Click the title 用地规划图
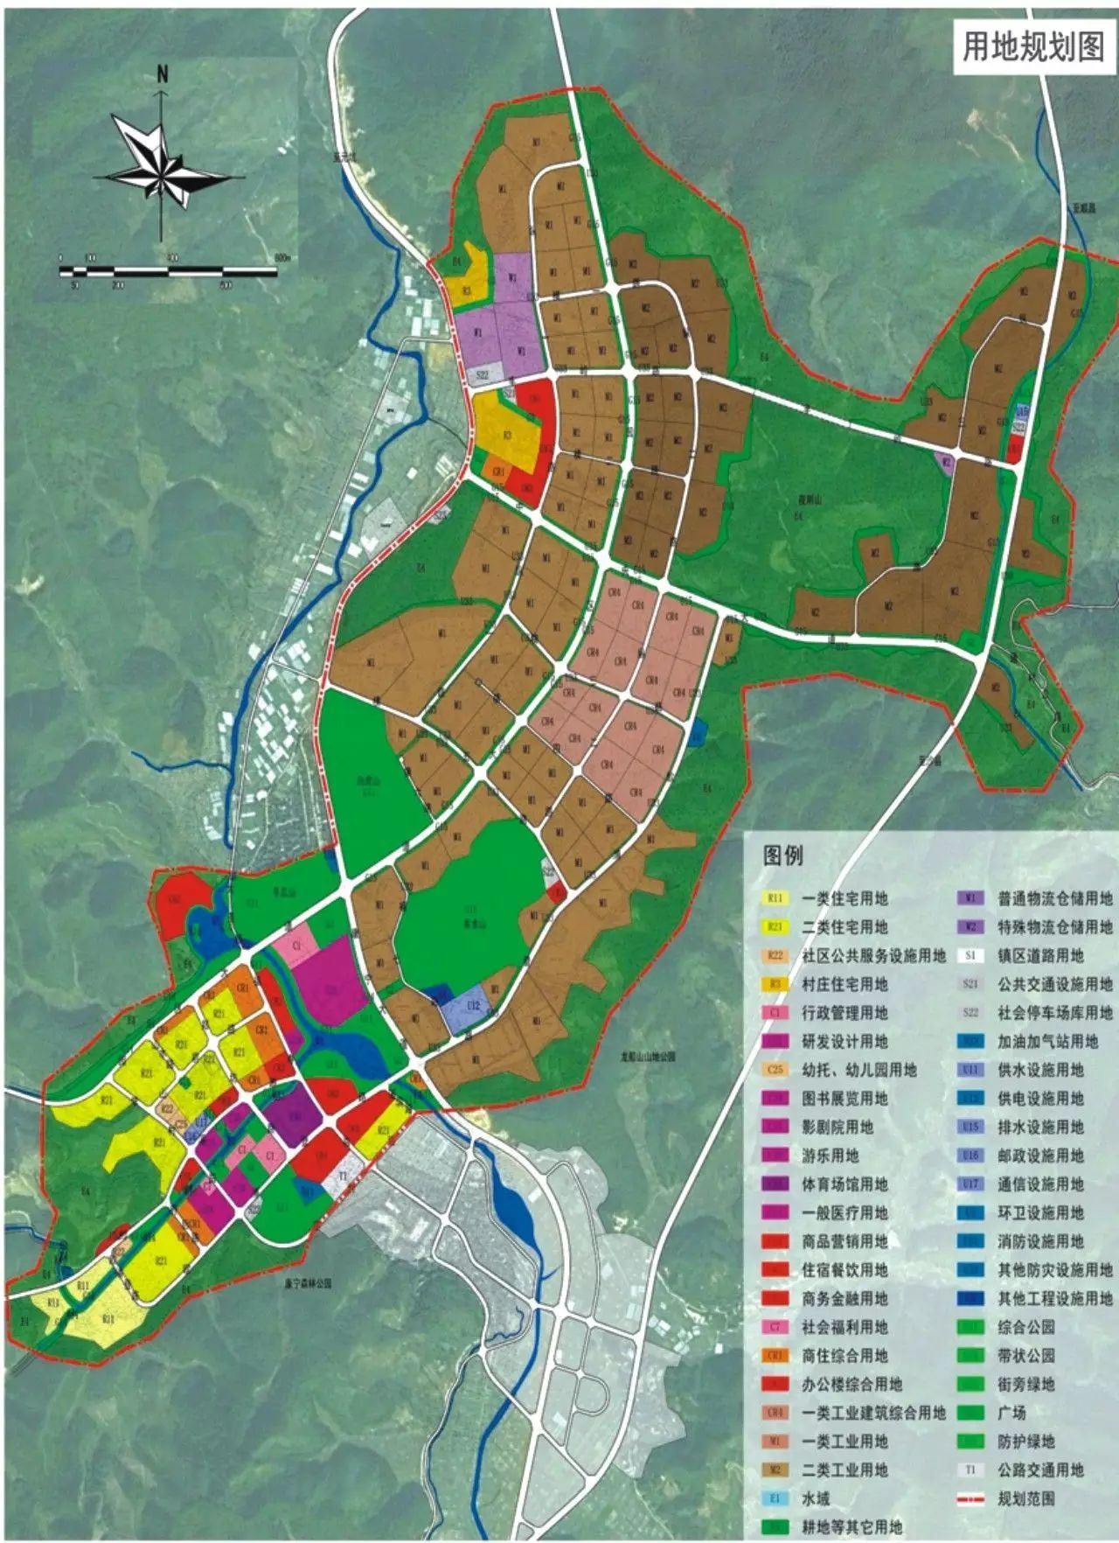(1033, 48)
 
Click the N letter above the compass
(162, 73)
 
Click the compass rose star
(162, 165)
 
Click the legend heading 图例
(782, 855)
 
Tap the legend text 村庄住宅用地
(844, 984)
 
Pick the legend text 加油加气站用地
(1047, 1041)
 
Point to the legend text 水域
(816, 1498)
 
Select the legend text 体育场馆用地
(844, 1184)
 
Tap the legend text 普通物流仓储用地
(1055, 898)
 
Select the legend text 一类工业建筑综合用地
(873, 1413)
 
